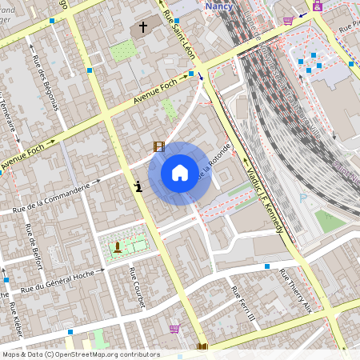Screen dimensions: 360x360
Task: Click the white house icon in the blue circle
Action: pos(180,172)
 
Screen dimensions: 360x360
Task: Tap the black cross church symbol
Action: pos(143,27)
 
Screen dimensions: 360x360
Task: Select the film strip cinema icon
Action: pos(159,146)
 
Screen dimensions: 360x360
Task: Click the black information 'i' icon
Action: pos(140,186)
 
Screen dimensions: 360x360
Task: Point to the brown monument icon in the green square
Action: pos(118,246)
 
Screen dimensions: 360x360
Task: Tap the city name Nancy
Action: pos(218,6)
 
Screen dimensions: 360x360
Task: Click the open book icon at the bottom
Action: pos(202,347)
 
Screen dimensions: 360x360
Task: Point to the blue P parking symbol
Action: pos(302,196)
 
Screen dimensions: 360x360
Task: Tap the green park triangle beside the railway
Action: pos(330,220)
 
